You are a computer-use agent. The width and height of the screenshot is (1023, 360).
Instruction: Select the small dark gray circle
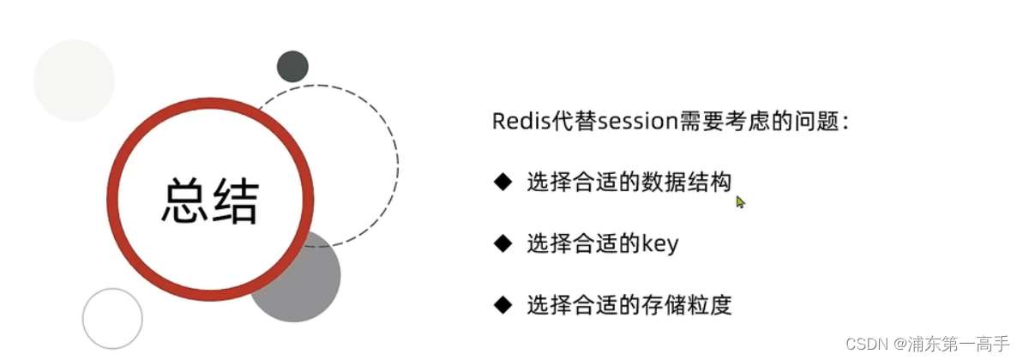coord(292,66)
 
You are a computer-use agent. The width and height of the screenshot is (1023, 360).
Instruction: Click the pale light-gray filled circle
coord(74,81)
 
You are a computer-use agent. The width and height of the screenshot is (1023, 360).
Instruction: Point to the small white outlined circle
coord(112,318)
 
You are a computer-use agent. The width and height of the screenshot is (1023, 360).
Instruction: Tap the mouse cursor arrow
coord(740,202)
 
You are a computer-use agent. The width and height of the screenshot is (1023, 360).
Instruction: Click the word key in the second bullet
coord(660,244)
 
